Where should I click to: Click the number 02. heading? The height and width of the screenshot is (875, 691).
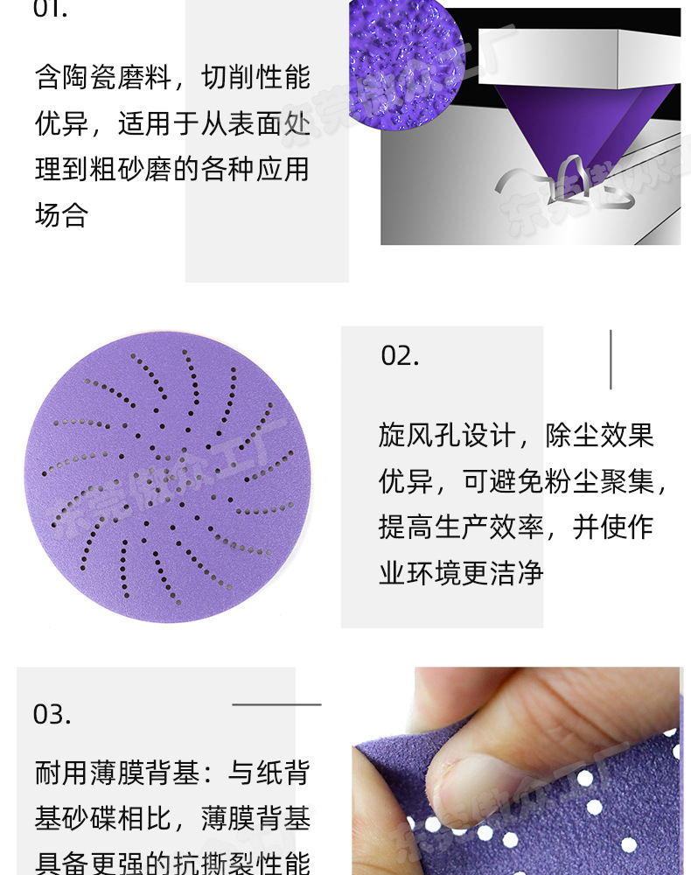(400, 356)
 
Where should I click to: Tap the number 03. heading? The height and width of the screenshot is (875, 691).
(52, 714)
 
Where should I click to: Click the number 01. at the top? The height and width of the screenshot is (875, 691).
(50, 10)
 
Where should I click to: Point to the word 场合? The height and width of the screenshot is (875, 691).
(62, 214)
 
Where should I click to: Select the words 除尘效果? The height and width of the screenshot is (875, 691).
(600, 435)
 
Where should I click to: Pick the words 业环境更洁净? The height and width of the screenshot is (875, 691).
(461, 572)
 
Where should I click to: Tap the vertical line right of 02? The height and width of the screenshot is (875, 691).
(610, 360)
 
